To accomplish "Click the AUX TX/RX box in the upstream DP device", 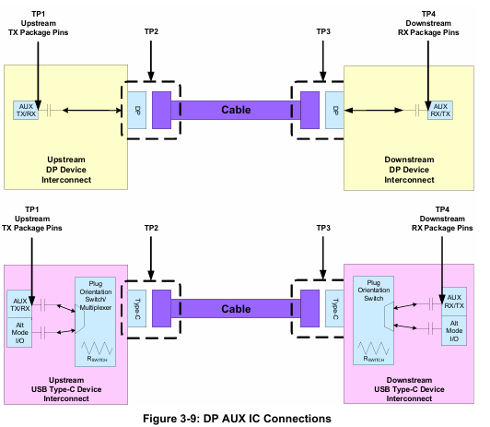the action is [26, 110].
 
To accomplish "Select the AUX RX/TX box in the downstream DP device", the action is [440, 110].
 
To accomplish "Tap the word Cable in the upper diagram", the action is [236, 110].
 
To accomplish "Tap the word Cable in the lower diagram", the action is [236, 309].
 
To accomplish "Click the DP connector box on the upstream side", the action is [137, 110].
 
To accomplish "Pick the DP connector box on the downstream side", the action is [334, 110].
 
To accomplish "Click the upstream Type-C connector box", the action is [137, 308].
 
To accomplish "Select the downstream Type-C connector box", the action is [334, 308].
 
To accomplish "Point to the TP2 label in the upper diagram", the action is [151, 31].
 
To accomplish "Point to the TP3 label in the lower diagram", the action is [323, 228].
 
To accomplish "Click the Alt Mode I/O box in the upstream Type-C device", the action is [19, 333].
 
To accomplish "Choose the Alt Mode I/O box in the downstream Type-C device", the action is [454, 331].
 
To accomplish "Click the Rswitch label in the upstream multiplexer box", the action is [97, 359].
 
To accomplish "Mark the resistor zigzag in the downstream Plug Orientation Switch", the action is [373, 349].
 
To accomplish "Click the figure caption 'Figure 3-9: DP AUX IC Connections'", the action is [237, 419].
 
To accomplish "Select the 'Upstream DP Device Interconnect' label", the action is [66, 170].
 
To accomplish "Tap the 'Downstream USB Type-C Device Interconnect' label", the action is [409, 389].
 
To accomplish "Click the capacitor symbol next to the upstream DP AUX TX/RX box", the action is [49, 110].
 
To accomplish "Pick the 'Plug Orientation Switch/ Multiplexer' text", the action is [95, 296].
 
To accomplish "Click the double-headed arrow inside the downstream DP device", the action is [373, 110].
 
